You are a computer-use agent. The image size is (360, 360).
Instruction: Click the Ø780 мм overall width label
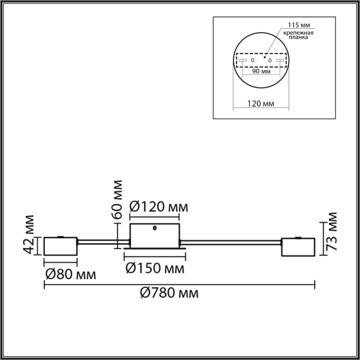[x=169, y=292]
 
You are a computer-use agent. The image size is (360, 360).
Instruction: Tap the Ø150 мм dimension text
[x=154, y=268]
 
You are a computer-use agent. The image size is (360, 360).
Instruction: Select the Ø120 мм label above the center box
[x=159, y=207]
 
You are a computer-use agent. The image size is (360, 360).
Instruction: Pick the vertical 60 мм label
[x=118, y=199]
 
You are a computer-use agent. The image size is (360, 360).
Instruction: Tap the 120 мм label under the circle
[x=261, y=104]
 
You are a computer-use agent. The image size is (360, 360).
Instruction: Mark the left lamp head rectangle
[x=61, y=246]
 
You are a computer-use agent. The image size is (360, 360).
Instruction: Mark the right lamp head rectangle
[x=298, y=247]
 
